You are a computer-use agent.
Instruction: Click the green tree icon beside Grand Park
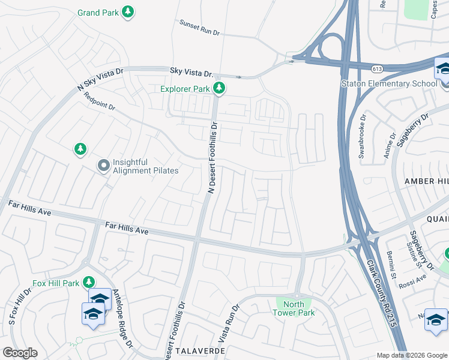pos(127,11)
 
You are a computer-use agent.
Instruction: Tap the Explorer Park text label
pos(185,89)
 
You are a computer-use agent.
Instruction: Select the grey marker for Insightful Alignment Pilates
pos(103,166)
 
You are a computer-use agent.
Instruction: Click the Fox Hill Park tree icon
pos(89,282)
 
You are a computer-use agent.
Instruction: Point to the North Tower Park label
pos(294,308)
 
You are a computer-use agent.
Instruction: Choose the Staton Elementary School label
pos(389,83)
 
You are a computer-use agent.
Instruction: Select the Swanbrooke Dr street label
pos(362,137)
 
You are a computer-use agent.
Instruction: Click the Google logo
pos(20,352)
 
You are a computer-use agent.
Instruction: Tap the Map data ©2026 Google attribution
pos(411,355)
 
